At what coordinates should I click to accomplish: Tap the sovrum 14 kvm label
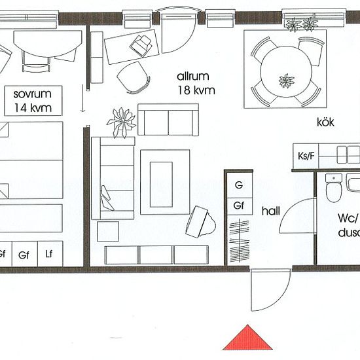tap(33, 101)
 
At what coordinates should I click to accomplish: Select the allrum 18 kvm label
tap(196, 83)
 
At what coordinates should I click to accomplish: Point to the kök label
tap(325, 122)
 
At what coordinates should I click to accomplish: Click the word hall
tap(271, 211)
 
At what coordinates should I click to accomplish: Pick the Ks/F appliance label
tap(306, 156)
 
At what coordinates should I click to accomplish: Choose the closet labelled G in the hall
tap(239, 185)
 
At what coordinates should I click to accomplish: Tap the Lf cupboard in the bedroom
tap(50, 254)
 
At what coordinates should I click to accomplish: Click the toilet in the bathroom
tap(334, 189)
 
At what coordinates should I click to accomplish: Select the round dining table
tap(286, 71)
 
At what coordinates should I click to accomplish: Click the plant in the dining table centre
tap(286, 81)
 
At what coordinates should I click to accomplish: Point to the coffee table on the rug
tap(161, 185)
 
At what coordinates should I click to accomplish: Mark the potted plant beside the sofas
tap(122, 122)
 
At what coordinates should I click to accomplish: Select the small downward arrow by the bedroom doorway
tap(82, 98)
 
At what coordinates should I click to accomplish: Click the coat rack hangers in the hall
tap(240, 241)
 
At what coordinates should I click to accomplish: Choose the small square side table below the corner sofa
tap(108, 232)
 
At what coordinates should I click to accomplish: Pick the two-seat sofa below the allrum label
tap(168, 120)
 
